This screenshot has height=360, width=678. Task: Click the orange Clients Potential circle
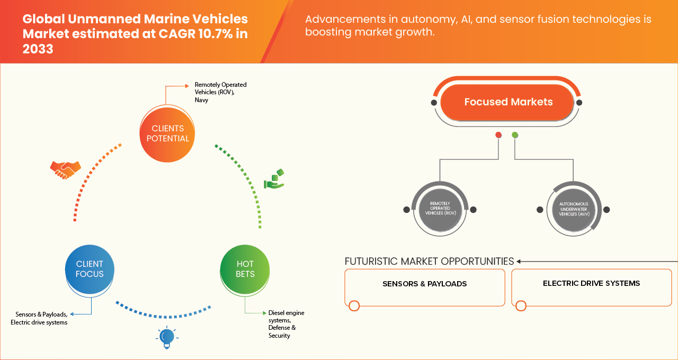pos(167,133)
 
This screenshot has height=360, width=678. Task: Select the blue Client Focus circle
pos(90,269)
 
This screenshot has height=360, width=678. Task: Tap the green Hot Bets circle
pos(245,269)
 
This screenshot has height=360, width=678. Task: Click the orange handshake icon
pos(65,169)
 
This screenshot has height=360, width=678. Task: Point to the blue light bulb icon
pos(167,337)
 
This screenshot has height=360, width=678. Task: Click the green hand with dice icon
pos(274,179)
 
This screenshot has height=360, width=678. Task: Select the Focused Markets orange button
pos(508,102)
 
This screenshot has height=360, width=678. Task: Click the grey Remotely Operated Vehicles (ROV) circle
pos(440,210)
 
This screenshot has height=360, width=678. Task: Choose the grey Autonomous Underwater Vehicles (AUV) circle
pos(573,210)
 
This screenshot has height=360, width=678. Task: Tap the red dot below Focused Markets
pos(498,136)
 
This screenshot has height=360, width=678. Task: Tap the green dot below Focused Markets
pos(515,136)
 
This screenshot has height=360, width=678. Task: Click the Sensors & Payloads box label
pos(424,284)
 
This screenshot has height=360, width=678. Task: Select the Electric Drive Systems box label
pos(591,283)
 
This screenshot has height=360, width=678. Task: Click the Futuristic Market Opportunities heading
pos(429,261)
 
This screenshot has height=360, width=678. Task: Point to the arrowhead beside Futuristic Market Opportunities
pos(520,261)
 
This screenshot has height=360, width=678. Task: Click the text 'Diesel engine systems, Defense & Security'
pos(286,324)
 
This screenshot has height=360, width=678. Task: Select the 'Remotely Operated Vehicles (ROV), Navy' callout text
pos(220,92)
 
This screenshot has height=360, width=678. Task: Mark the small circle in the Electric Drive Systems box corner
pos(521,305)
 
